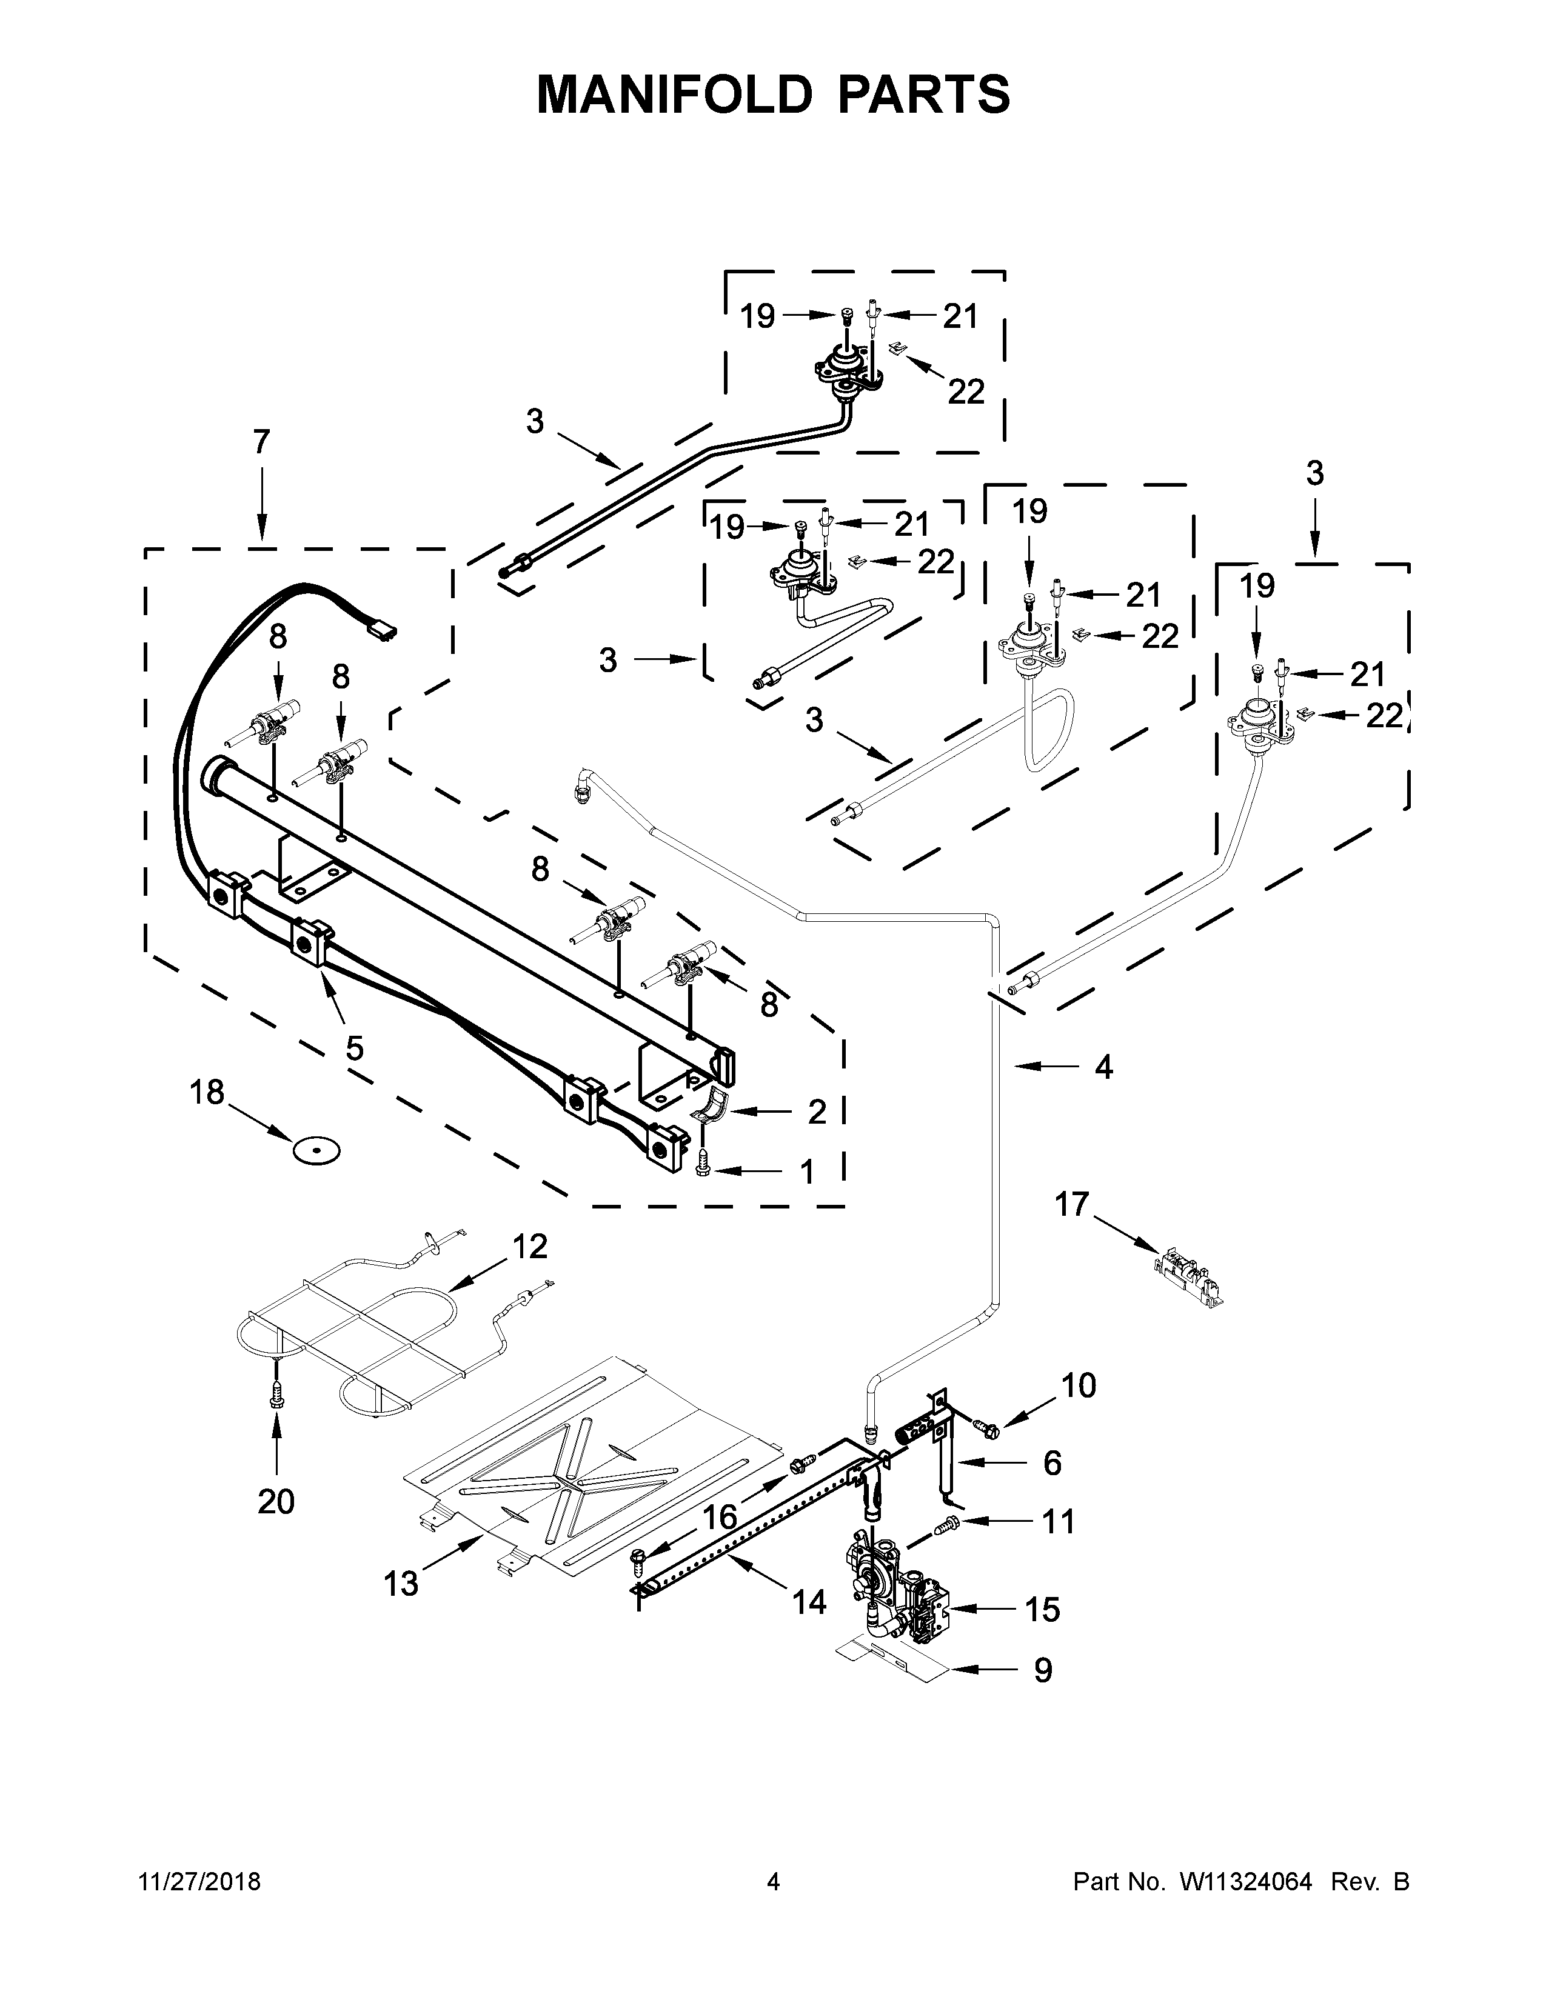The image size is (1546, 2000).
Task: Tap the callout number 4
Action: [x=1103, y=1066]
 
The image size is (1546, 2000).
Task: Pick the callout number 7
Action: [x=261, y=442]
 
